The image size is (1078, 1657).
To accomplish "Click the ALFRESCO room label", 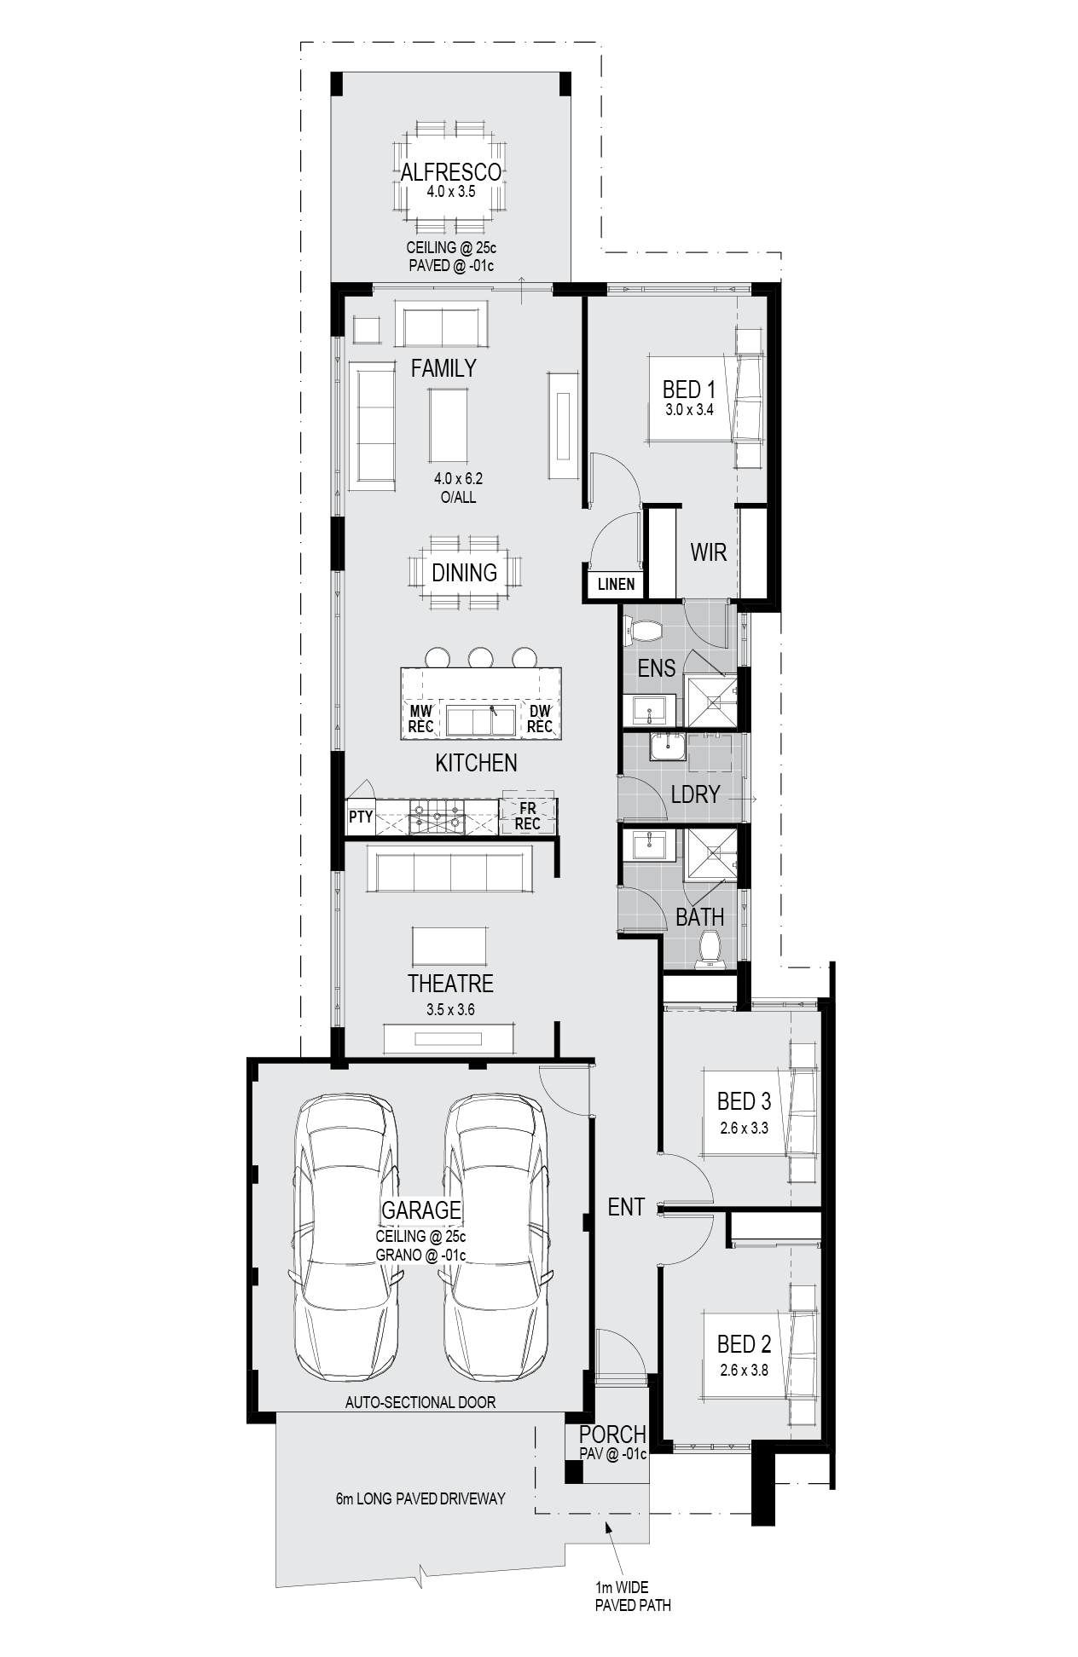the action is tap(451, 172).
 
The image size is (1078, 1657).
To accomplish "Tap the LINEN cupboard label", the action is tap(616, 584).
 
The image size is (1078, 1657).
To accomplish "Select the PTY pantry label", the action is tap(361, 817).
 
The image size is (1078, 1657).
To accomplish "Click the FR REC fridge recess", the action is tap(528, 816).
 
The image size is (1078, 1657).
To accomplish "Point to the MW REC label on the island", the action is tap(421, 719).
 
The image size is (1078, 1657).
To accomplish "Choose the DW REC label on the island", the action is tap(540, 719).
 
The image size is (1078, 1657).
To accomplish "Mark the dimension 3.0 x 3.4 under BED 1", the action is tap(689, 409).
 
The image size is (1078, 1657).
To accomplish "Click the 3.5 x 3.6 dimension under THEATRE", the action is tap(450, 1010).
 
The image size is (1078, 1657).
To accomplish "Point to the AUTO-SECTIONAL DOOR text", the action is tap(420, 1402).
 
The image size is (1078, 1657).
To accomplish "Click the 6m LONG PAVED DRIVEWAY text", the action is tap(420, 1498).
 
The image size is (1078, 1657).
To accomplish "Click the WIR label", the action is tap(708, 551).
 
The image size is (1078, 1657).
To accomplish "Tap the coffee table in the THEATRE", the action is tap(450, 946).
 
